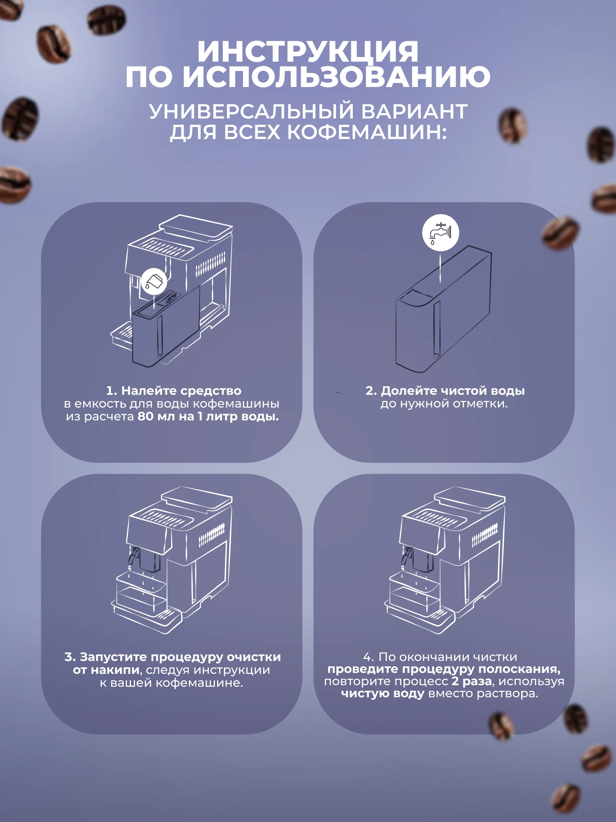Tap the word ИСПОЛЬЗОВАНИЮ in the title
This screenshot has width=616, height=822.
337,77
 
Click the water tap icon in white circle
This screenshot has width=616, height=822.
440,233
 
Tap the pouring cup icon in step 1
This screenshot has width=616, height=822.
154,281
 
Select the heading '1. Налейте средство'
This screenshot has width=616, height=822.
174,390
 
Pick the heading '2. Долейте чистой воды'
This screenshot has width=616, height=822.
445,390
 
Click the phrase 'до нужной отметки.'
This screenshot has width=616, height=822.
444,403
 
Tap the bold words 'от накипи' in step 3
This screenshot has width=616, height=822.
106,670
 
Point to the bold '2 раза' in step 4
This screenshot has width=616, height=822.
472,681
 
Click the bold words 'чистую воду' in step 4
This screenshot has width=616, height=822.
383,694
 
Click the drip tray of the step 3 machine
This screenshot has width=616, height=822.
147,615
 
